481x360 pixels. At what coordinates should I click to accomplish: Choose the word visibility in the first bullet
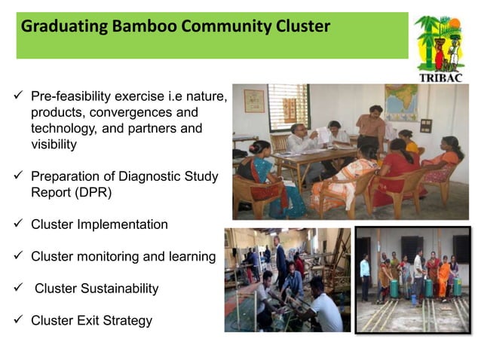(54, 145)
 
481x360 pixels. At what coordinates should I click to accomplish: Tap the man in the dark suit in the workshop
(280, 259)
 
